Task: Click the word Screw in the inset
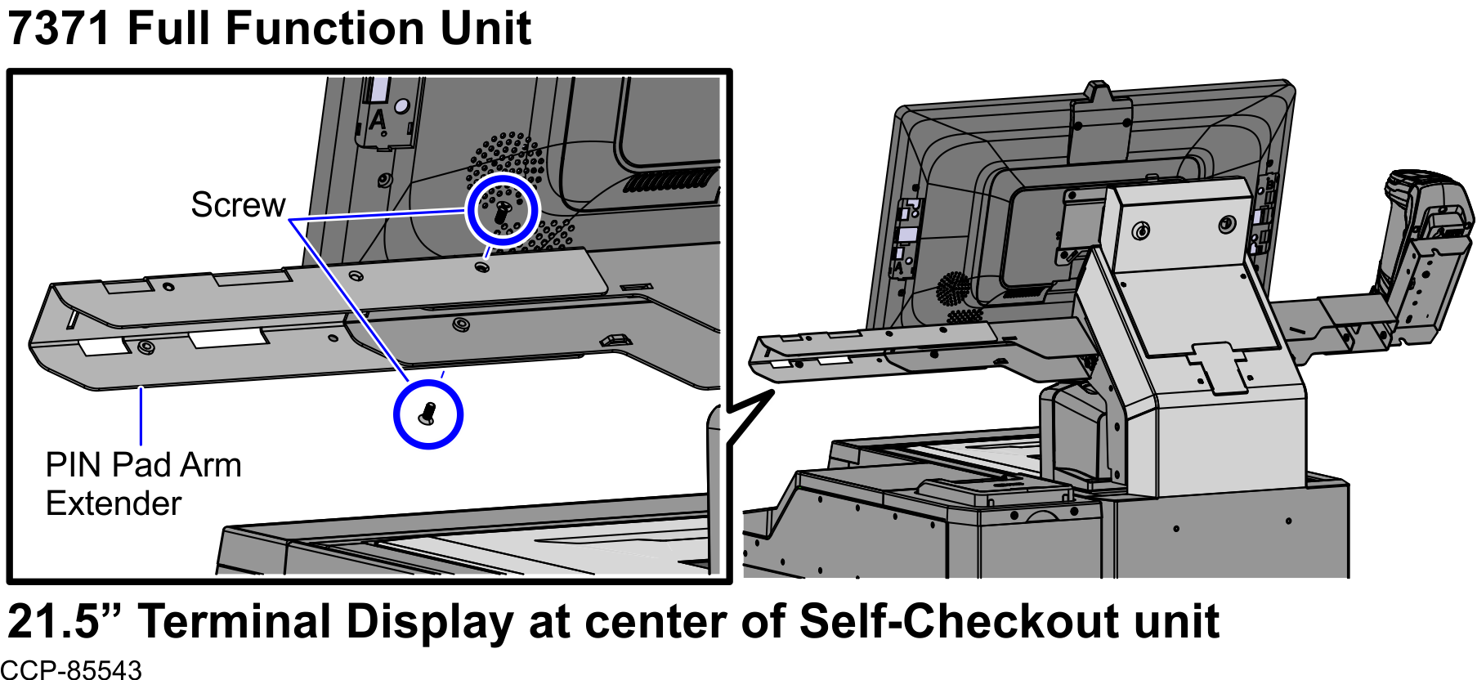pos(238,205)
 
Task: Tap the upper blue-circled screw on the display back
pos(502,211)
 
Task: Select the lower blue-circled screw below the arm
pos(427,414)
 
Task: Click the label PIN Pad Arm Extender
pos(143,484)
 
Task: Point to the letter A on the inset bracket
pos(377,121)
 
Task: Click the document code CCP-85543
pos(71,670)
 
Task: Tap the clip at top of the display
pos(1100,123)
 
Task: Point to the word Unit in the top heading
pos(486,29)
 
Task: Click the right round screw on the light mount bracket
pos(1227,225)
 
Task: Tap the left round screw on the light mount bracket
pos(1140,231)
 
